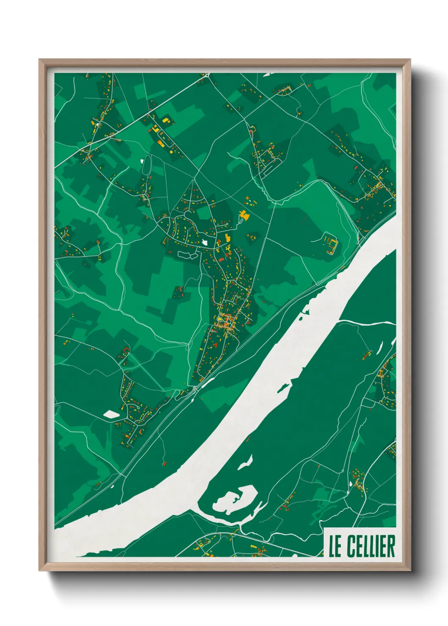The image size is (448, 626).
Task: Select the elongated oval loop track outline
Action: [147, 167]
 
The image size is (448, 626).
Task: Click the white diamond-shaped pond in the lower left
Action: [111, 414]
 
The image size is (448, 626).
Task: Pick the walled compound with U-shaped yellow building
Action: [330, 243]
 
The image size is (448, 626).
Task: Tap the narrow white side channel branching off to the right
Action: [366, 323]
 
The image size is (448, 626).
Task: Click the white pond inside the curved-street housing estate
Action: [205, 242]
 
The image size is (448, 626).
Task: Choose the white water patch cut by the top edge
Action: [271, 74]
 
